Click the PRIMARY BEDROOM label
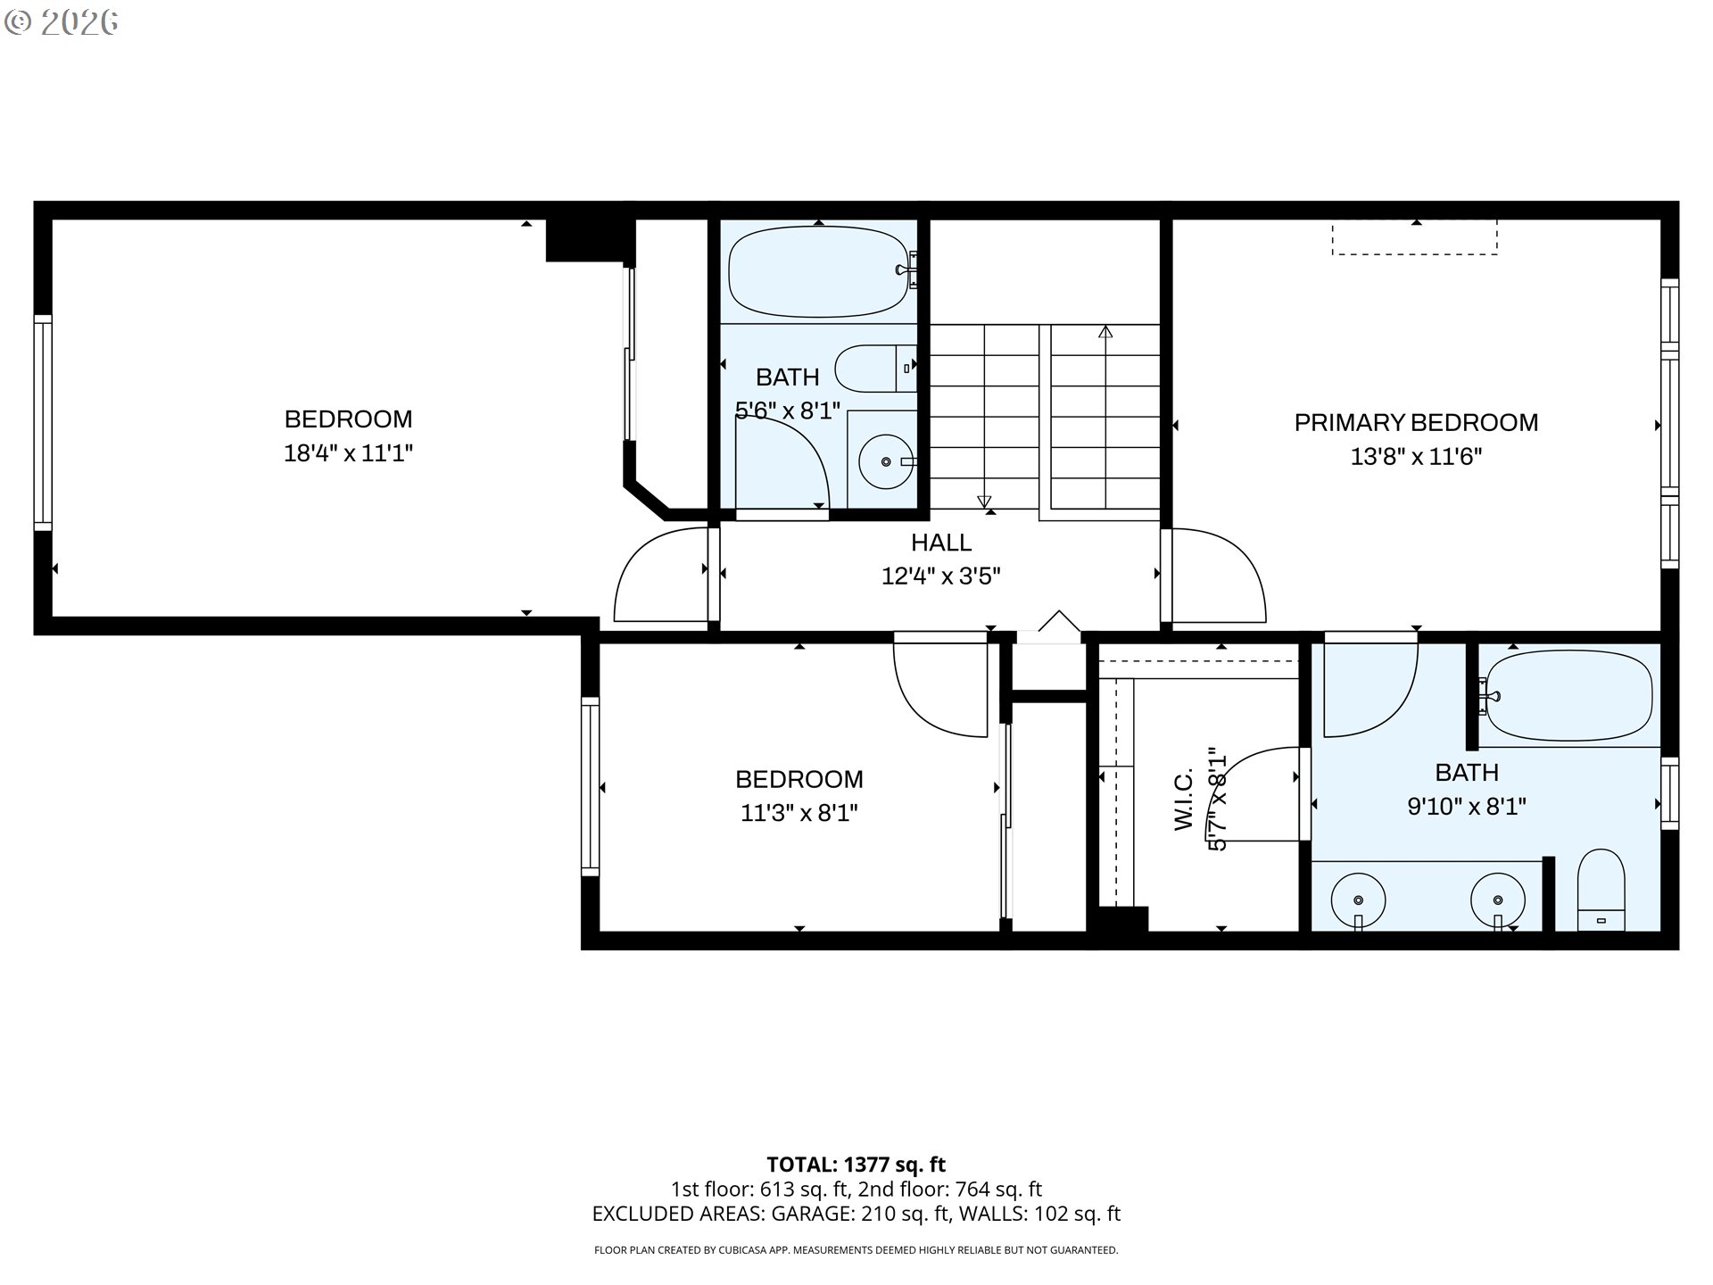point(1416,422)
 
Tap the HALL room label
point(941,543)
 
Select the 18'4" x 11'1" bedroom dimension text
point(348,453)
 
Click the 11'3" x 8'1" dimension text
point(799,813)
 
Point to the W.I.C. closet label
point(1184,800)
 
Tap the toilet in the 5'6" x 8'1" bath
point(876,368)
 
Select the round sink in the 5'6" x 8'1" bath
point(886,461)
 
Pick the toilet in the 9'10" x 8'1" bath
point(1601,890)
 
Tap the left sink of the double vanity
point(1358,901)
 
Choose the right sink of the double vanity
point(1498,901)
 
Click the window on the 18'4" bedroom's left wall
point(43,422)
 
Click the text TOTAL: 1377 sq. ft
point(856,1165)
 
